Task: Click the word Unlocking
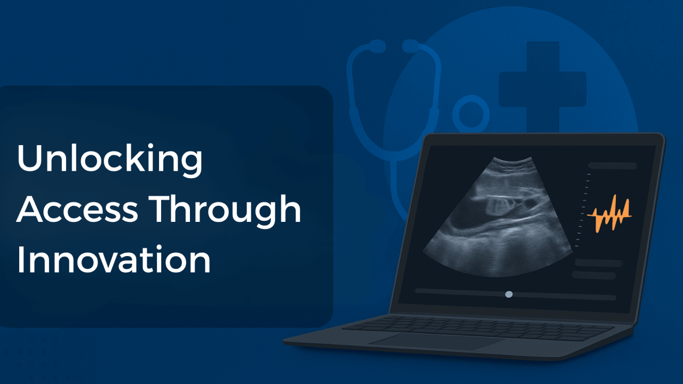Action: (109, 159)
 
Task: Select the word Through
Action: (224, 210)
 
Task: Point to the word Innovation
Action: (113, 260)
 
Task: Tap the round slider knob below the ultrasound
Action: (509, 294)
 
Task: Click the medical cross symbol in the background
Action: (542, 85)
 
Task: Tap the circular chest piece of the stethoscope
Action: (471, 114)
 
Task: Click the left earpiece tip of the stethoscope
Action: (376, 47)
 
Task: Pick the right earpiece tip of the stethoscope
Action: (410, 47)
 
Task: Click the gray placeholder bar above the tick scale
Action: (613, 166)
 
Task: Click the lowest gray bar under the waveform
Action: (594, 275)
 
